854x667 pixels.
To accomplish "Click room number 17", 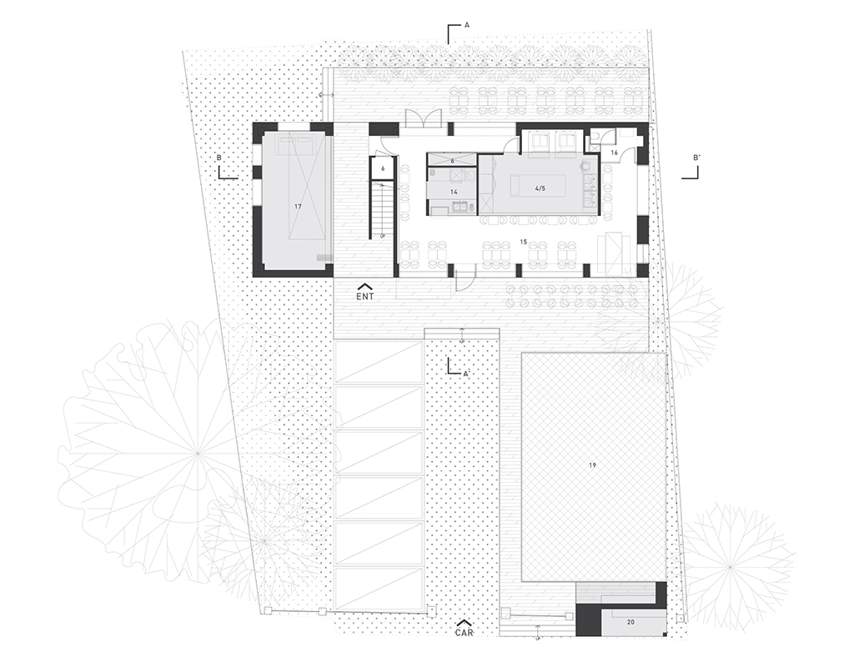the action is click(x=298, y=207).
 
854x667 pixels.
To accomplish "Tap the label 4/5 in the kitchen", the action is click(x=540, y=189).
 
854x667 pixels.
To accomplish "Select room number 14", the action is click(x=454, y=192).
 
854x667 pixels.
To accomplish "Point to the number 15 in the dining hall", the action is click(x=524, y=242).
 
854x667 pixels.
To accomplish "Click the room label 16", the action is click(x=614, y=153).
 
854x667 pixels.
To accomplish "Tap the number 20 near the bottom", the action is click(x=630, y=622).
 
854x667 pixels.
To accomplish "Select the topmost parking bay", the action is click(x=379, y=362).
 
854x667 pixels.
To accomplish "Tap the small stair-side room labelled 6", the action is click(x=382, y=168).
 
